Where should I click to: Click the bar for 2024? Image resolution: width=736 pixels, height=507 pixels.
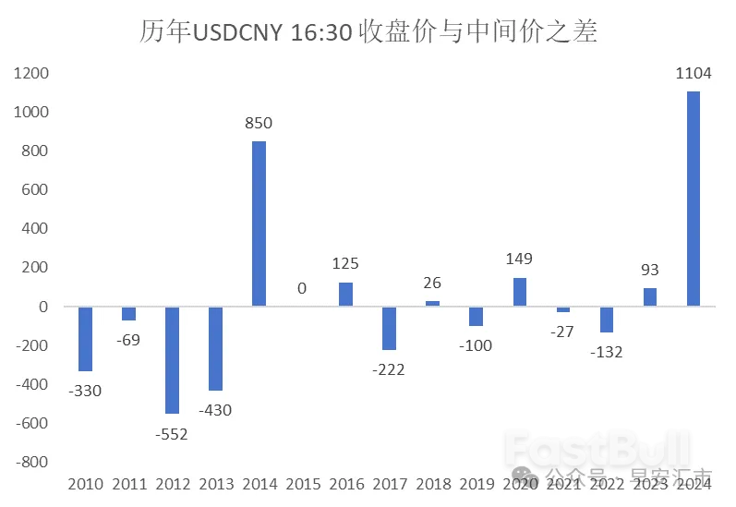click(694, 199)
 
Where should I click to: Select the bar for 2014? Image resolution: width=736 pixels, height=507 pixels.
click(259, 223)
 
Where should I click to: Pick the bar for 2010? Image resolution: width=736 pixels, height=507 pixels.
click(85, 338)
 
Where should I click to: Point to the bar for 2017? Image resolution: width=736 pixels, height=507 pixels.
click(389, 328)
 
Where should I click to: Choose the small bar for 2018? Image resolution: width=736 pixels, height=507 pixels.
click(432, 303)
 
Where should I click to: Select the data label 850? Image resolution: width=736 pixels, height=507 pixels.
click(259, 124)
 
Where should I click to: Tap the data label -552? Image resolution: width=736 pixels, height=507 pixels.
click(172, 433)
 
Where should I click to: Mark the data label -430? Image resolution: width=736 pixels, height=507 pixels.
click(215, 409)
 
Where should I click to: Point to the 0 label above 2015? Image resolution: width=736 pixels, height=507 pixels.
click(302, 288)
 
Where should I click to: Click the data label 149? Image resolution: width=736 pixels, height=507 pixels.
click(519, 260)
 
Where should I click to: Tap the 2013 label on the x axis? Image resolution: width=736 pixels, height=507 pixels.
click(215, 484)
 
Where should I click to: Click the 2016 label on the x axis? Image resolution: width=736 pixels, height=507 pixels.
click(345, 484)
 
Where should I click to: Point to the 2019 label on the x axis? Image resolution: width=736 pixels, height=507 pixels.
click(476, 484)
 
